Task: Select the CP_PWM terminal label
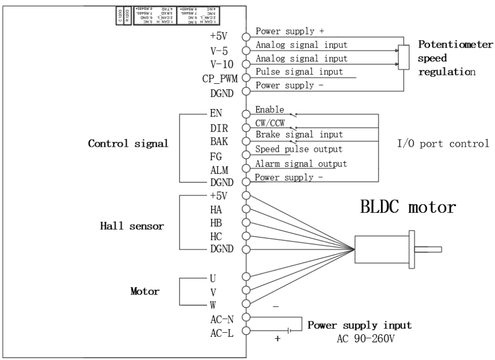(219, 78)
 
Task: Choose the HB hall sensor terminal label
(216, 223)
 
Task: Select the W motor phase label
(213, 305)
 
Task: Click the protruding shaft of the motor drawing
(428, 249)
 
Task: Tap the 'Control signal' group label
(128, 144)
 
